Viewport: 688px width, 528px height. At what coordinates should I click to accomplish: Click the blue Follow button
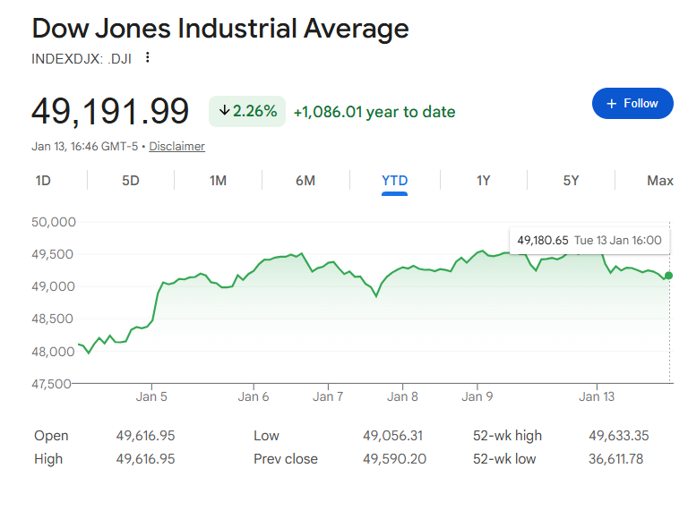tap(632, 104)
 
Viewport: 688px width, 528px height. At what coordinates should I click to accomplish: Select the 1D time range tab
tap(43, 181)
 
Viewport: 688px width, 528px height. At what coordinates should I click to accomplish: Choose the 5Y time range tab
tap(571, 181)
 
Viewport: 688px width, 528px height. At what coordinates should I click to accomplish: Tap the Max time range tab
tap(659, 181)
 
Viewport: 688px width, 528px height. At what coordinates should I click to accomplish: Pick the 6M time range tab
tap(305, 181)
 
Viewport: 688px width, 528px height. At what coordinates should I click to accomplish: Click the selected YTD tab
tap(394, 181)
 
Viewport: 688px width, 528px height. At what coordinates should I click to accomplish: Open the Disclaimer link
tap(176, 147)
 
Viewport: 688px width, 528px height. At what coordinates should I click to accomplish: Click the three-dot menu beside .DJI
tap(148, 58)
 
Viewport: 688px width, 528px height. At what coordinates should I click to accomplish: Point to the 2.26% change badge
tap(247, 112)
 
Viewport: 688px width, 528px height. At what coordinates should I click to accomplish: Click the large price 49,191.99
tap(110, 112)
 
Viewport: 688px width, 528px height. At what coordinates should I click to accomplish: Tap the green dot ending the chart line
tap(669, 276)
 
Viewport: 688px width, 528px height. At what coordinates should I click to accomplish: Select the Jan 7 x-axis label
tap(328, 396)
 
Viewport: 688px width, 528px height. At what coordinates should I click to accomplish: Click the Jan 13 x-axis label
tap(597, 396)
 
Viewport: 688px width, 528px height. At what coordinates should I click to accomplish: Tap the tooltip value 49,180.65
tap(543, 240)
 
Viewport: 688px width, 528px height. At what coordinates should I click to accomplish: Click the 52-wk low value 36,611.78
tap(618, 459)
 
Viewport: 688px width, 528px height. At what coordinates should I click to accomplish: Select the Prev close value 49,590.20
tap(393, 459)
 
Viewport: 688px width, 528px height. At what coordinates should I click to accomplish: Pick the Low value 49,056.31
tap(392, 436)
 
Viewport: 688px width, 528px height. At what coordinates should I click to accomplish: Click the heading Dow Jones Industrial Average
tap(220, 29)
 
